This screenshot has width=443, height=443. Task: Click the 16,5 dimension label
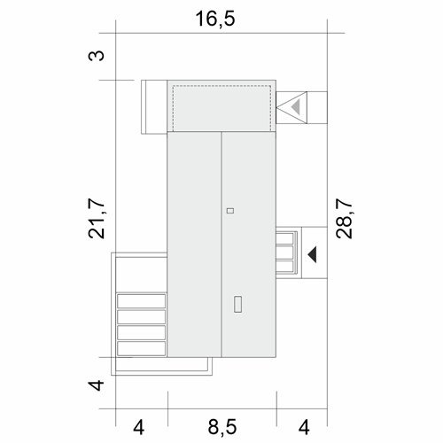(215, 19)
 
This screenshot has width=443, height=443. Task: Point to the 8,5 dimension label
(222, 427)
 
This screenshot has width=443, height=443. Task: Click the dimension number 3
(97, 56)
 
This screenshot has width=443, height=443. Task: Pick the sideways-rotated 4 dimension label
(97, 385)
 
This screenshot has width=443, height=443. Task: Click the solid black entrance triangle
(312, 254)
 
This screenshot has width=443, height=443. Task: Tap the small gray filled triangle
(296, 107)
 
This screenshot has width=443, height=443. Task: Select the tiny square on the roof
(230, 211)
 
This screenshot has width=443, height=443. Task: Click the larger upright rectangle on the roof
(237, 304)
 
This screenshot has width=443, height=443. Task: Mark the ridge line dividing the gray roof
(221, 245)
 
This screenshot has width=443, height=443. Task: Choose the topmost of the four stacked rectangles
(141, 301)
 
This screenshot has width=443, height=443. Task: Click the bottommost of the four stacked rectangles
(141, 348)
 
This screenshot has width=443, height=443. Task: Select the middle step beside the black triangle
(284, 253)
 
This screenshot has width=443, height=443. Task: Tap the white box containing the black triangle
(315, 253)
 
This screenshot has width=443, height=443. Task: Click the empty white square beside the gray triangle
(317, 107)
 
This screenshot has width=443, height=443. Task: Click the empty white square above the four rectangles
(141, 275)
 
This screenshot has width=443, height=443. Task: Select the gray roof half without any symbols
(194, 245)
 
